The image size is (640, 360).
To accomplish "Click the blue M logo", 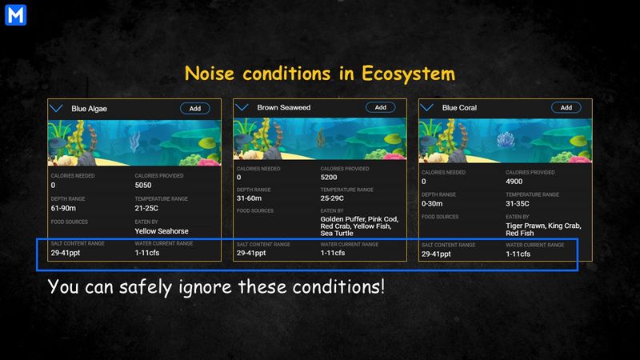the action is pos(15,15).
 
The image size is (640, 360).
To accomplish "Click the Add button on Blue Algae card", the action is pos(195,109).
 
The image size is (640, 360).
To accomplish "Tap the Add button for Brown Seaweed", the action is pos(381,107).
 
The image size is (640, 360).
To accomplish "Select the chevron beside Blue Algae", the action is pos(56,108).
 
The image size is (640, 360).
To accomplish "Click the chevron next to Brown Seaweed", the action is pos(242,107).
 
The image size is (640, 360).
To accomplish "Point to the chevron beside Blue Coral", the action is pos(426,107).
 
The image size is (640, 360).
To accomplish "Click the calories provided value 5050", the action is pos(143,186).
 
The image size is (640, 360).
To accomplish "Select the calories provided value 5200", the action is pos(329,177).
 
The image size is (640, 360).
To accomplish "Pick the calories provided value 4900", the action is pos(514,182).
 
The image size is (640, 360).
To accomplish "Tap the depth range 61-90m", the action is pos(63,208).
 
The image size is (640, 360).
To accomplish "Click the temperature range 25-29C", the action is pos(332,198).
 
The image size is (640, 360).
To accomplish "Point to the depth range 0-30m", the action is pos(432,203).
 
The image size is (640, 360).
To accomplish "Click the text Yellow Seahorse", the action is pos(162,231).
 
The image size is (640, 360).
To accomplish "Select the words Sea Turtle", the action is pos(337,233).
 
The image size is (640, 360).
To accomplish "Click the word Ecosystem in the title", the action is pos(408,74).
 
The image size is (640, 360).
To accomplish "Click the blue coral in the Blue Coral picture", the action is pos(506,139).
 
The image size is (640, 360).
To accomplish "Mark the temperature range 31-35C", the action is pos(518,203).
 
